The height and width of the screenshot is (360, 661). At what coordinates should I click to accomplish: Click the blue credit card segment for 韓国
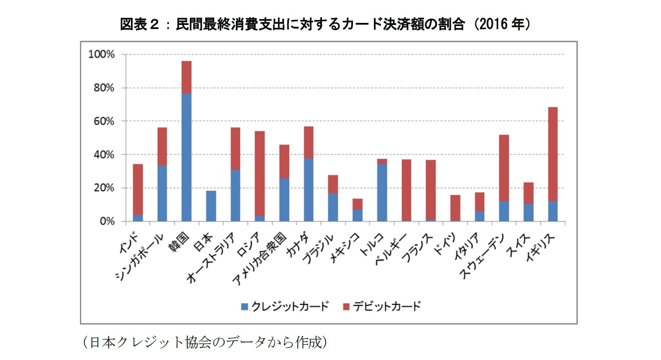point(186,157)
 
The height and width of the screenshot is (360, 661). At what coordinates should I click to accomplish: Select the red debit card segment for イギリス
point(552,154)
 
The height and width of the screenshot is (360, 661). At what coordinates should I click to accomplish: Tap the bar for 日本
point(211,206)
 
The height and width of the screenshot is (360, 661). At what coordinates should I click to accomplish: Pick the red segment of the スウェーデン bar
point(504,168)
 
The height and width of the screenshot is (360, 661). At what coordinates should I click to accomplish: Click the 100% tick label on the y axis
point(101,54)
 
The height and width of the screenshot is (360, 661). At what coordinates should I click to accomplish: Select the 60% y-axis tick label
point(104,121)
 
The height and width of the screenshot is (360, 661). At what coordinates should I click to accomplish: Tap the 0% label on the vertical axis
point(107,221)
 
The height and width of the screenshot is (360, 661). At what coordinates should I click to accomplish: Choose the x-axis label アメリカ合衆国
point(260,259)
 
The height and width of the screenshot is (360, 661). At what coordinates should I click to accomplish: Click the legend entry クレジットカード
point(290,306)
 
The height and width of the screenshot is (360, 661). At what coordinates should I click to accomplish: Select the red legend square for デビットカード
point(346,307)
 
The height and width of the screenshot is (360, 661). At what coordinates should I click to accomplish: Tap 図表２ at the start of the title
point(139,24)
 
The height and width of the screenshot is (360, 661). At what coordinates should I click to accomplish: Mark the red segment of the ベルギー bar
point(406,190)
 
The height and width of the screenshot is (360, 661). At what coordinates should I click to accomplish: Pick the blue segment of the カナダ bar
point(308,190)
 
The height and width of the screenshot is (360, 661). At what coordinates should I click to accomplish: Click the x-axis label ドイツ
point(444,244)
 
